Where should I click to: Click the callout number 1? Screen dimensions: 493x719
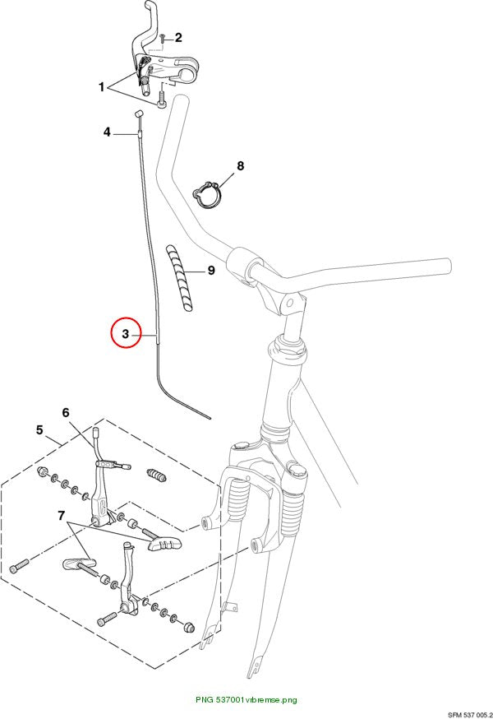102,86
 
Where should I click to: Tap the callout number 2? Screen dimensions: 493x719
178,38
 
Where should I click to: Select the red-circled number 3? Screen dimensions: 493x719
126,334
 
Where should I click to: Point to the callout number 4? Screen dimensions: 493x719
107,132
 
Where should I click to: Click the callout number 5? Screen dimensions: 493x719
39,430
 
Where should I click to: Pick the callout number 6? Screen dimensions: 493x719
66,413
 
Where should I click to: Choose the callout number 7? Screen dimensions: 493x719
62,516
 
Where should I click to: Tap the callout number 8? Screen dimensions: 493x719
241,165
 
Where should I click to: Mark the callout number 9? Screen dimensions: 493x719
211,271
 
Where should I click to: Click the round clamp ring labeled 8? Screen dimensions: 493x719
208,195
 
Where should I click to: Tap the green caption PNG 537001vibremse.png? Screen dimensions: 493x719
246,700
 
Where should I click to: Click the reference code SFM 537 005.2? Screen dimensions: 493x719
470,714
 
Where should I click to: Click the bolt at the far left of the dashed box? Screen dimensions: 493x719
19,565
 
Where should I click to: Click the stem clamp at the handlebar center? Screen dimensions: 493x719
243,268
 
